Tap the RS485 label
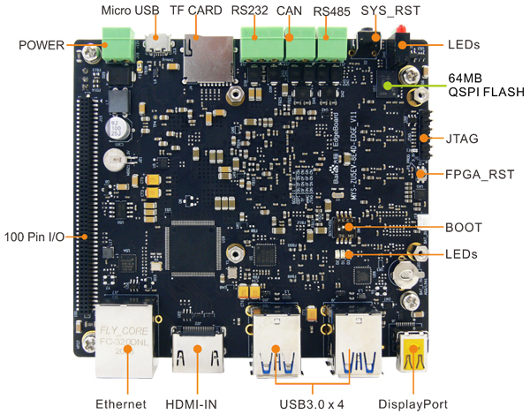[x=333, y=11]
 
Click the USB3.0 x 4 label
[x=312, y=403]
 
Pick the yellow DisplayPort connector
[x=413, y=358]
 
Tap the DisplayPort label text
[x=413, y=403]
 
